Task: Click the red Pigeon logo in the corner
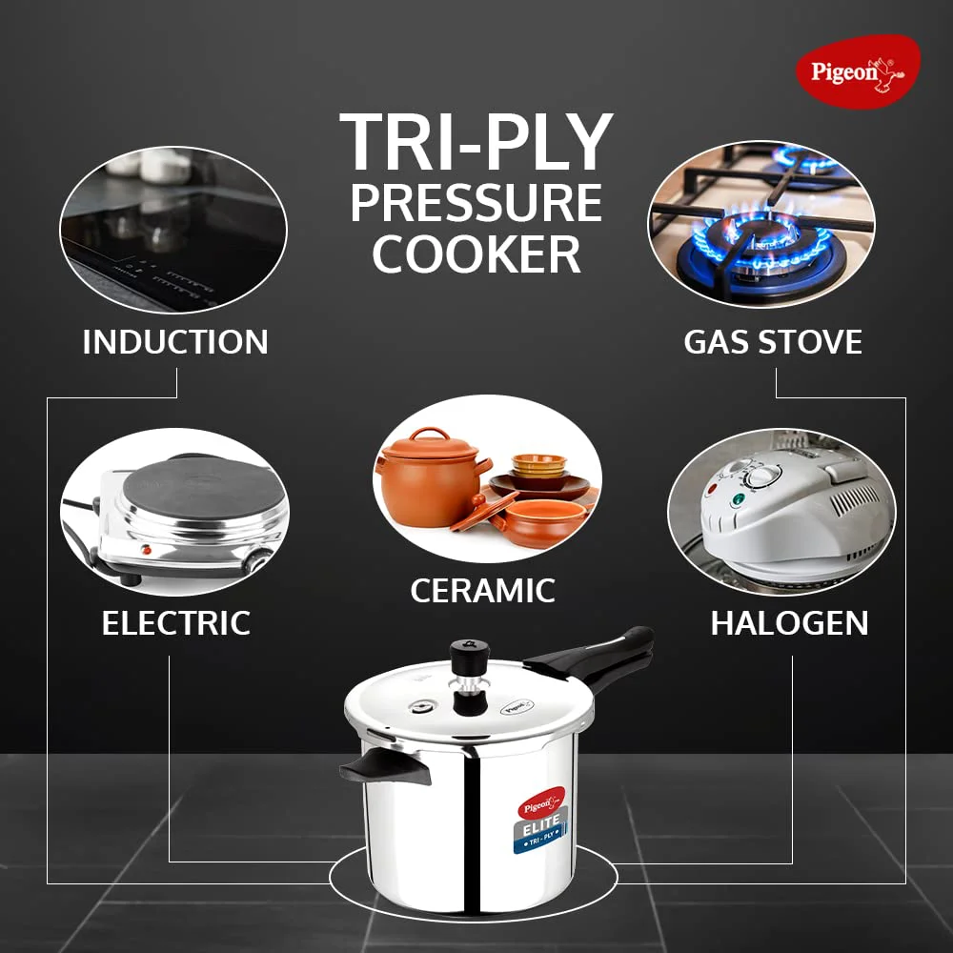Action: point(858,71)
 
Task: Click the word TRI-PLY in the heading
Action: point(476,142)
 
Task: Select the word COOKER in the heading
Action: point(476,254)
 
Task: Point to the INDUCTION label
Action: point(175,341)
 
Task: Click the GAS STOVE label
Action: point(773,341)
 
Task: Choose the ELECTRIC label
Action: point(175,623)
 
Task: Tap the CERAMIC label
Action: point(482,590)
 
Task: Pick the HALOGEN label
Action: point(789,623)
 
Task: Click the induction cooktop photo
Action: point(173,230)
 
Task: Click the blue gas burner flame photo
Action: point(761,224)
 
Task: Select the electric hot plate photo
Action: point(175,512)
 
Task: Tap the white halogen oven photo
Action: point(781,512)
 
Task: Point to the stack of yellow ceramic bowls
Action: point(538,466)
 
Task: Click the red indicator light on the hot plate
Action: point(146,550)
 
